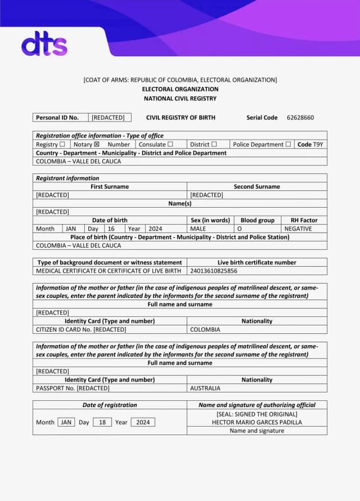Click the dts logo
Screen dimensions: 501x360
(x=44, y=44)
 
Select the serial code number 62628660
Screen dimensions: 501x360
(x=300, y=118)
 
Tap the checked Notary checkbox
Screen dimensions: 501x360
(x=96, y=144)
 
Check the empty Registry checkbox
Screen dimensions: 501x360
(x=62, y=144)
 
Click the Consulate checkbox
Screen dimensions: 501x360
(x=170, y=144)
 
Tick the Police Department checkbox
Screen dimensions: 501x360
(x=288, y=144)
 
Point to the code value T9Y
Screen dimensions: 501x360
(x=318, y=144)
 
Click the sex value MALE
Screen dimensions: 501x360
(x=198, y=229)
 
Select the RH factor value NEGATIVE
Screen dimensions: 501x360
(x=298, y=229)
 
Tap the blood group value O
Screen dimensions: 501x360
(x=239, y=229)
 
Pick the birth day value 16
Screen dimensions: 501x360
(x=111, y=229)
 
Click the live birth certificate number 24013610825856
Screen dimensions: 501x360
(x=214, y=271)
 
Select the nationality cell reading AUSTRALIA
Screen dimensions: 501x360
(x=205, y=388)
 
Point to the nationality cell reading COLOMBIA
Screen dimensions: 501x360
(x=205, y=329)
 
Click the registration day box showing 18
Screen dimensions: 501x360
(x=102, y=422)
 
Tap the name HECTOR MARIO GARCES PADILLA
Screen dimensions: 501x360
(x=256, y=422)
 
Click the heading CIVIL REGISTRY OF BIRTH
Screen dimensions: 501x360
(x=181, y=118)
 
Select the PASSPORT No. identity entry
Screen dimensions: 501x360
(x=73, y=388)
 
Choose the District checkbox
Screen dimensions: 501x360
(x=214, y=144)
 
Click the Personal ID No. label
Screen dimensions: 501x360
(x=57, y=118)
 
